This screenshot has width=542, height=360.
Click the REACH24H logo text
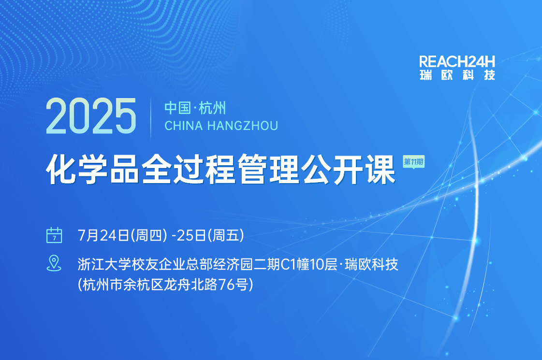[457, 62]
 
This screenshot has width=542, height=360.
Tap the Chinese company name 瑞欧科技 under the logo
[457, 75]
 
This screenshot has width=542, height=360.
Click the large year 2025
[91, 116]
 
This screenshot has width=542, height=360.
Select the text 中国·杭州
[195, 108]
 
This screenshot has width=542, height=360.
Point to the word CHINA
[184, 126]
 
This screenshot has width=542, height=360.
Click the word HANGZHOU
[243, 126]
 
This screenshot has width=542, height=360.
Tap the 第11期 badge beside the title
[414, 162]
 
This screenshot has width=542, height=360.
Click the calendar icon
[54, 235]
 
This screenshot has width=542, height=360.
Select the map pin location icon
[54, 263]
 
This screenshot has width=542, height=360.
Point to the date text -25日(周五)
[208, 235]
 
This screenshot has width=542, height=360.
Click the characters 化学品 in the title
[93, 169]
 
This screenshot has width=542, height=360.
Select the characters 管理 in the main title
[268, 169]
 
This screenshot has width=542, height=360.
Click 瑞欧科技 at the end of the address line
[372, 264]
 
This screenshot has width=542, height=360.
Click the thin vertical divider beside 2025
[151, 118]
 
